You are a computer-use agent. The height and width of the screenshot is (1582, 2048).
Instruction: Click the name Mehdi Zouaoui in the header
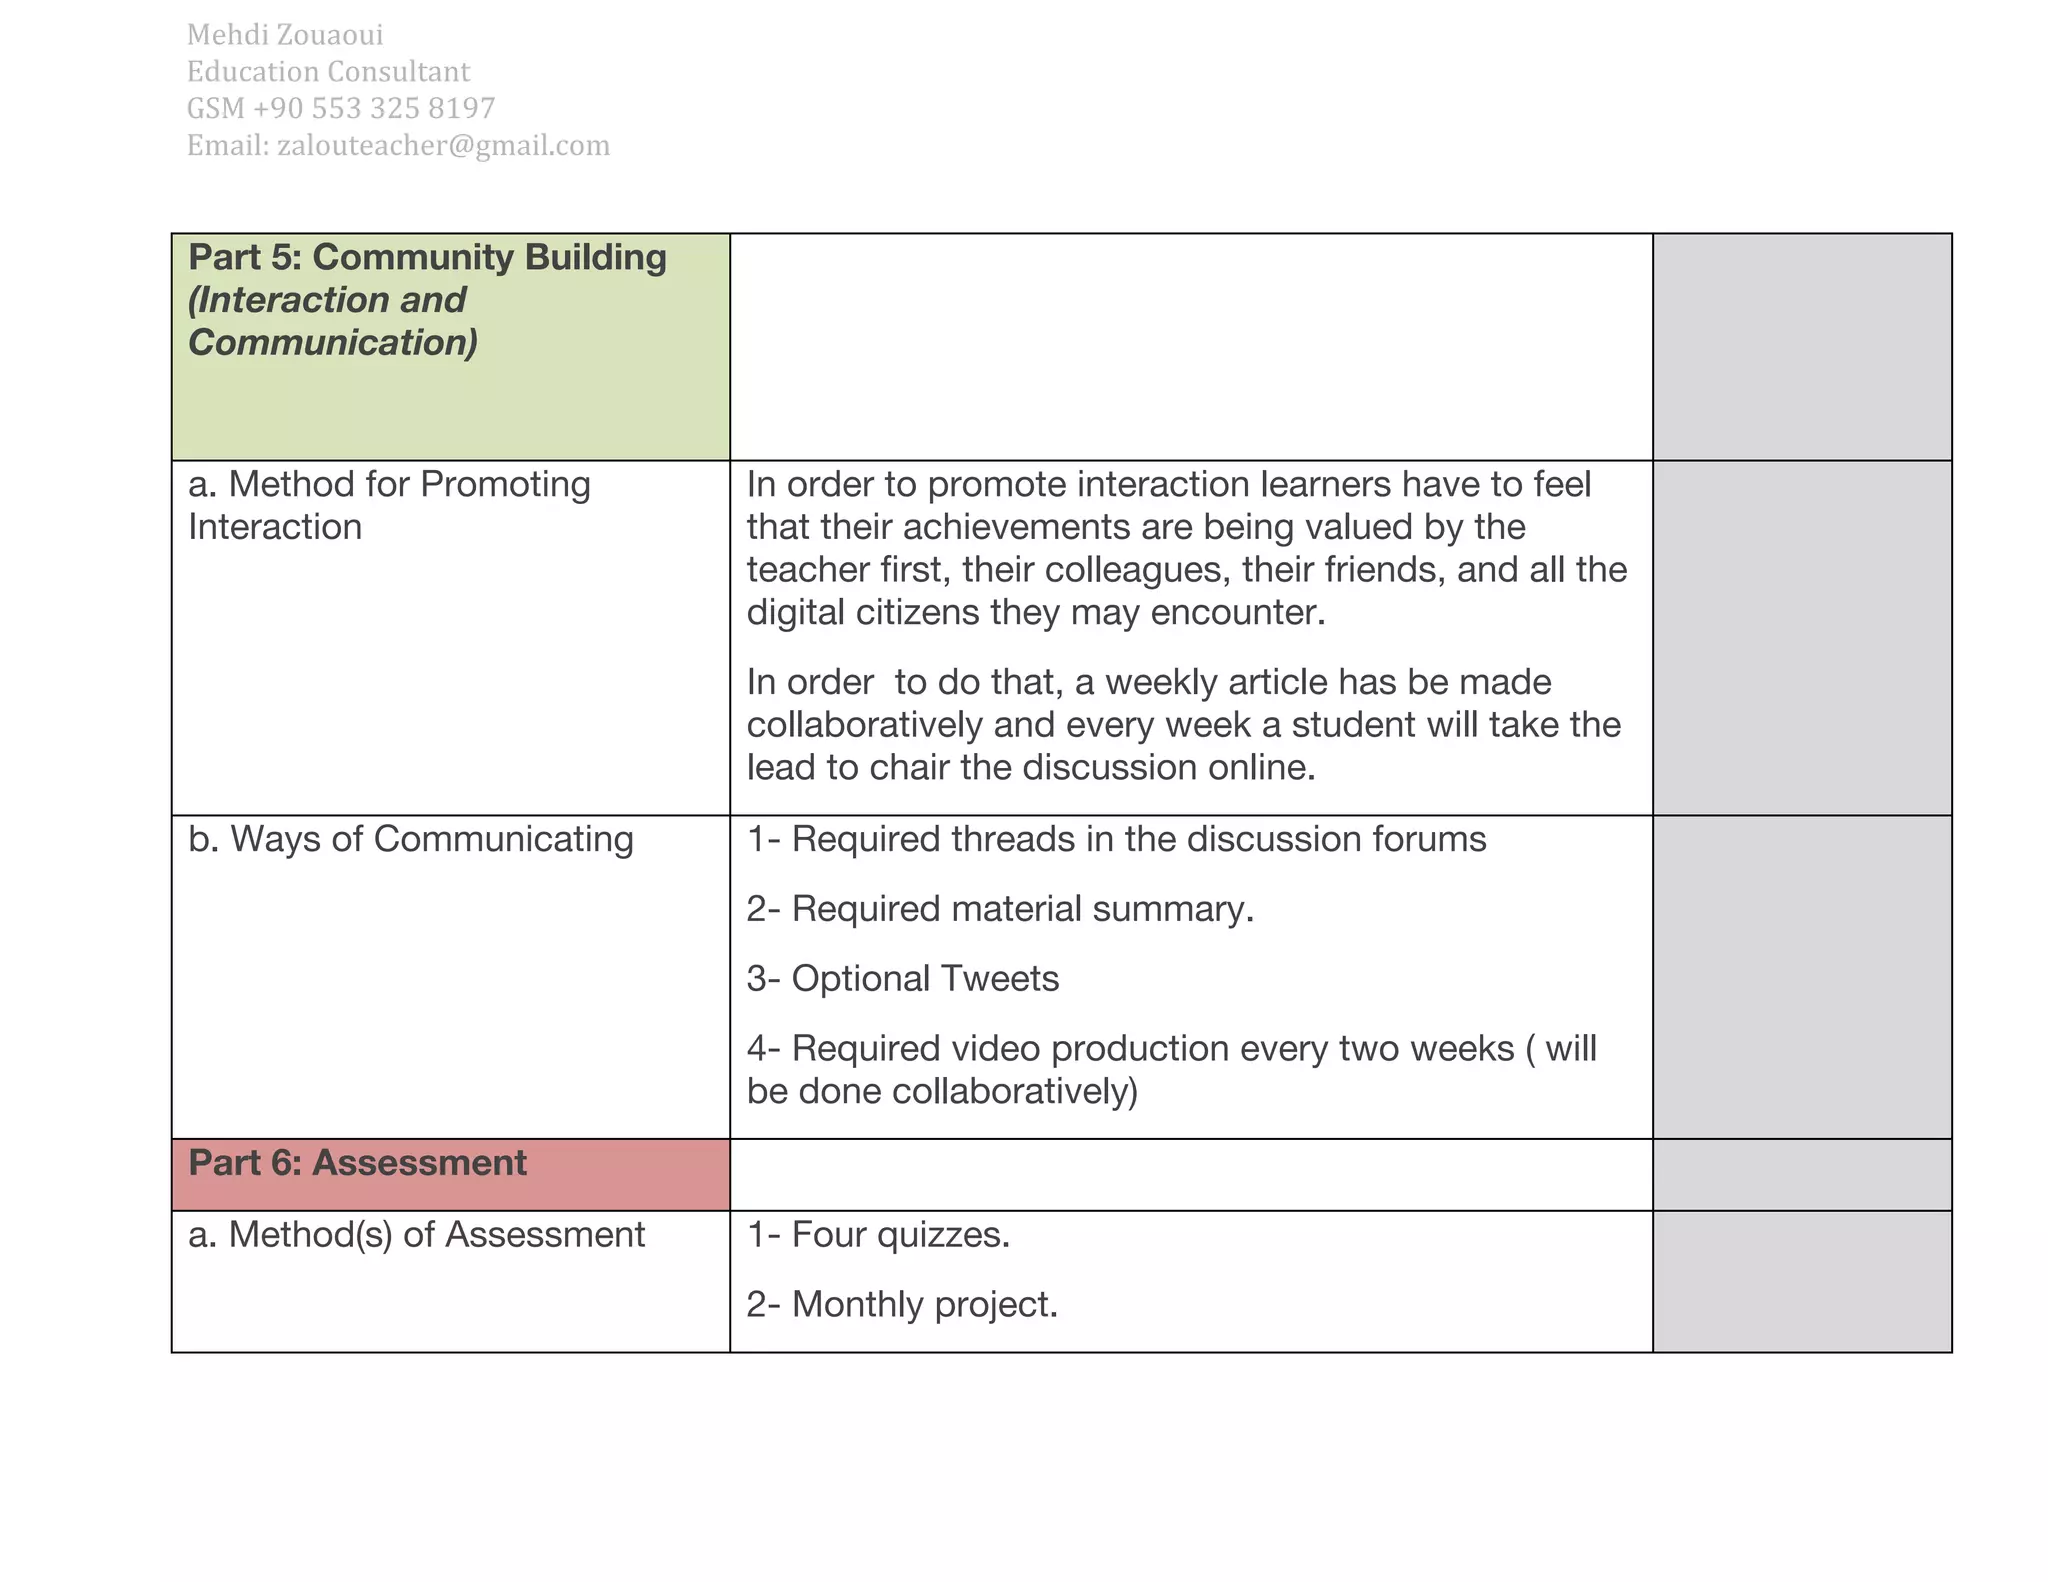285,35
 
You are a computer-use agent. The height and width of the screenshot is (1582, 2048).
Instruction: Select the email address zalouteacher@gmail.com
443,146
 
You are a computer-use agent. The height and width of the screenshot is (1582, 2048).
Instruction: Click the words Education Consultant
328,72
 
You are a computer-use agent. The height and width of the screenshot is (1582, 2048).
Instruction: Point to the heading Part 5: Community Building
427,258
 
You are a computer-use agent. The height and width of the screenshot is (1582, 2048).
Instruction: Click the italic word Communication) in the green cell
333,343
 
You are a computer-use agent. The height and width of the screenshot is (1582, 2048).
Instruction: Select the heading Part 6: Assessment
357,1163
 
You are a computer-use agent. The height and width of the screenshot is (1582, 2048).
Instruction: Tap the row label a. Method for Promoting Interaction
389,505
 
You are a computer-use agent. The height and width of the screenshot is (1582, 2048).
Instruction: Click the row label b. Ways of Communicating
410,839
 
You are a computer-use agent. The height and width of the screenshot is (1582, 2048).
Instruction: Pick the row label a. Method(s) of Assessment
416,1235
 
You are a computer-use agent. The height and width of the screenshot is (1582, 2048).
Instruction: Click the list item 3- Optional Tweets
902,979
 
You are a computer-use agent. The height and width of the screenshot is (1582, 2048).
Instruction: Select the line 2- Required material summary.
999,909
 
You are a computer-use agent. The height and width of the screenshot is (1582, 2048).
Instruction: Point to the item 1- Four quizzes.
878,1235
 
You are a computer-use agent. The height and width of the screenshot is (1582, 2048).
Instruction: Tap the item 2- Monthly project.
902,1305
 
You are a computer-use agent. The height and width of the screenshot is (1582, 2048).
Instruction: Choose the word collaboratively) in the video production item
1015,1091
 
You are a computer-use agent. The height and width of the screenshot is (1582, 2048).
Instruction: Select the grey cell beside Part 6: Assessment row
1801,1175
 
